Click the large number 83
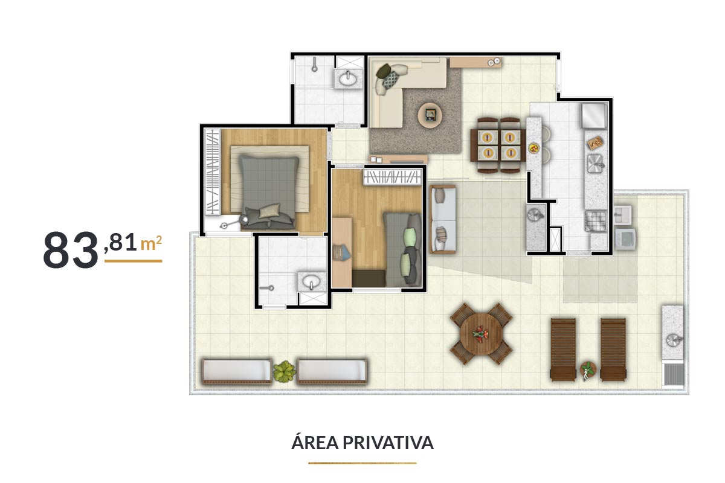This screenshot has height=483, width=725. coord(70,250)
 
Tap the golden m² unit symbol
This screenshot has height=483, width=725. coord(151,243)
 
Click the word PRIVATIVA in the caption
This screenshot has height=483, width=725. coord(388,443)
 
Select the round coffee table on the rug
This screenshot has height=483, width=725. coord(430,115)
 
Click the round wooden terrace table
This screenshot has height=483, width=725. coord(481,333)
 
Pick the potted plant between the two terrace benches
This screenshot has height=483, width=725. coord(284,371)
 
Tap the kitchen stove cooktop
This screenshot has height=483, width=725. coord(596,220)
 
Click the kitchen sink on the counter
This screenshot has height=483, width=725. coord(595,164)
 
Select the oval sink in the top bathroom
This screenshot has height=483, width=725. coord(348,78)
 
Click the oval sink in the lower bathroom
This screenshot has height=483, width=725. coord(311,281)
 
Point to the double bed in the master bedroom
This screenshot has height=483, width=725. coord(268,192)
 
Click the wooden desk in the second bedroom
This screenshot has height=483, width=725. coord(342,252)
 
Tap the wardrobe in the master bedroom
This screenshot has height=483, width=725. coord(213,172)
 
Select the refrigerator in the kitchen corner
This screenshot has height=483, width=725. coord(593,115)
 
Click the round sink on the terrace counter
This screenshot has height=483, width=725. coord(674,340)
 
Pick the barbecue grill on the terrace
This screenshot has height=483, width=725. coord(674,374)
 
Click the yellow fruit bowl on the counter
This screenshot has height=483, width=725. coord(533,148)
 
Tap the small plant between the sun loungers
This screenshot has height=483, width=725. coord(588,369)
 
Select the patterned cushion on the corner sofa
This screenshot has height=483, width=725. coord(390,80)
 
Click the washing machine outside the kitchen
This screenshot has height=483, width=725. coord(625,240)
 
